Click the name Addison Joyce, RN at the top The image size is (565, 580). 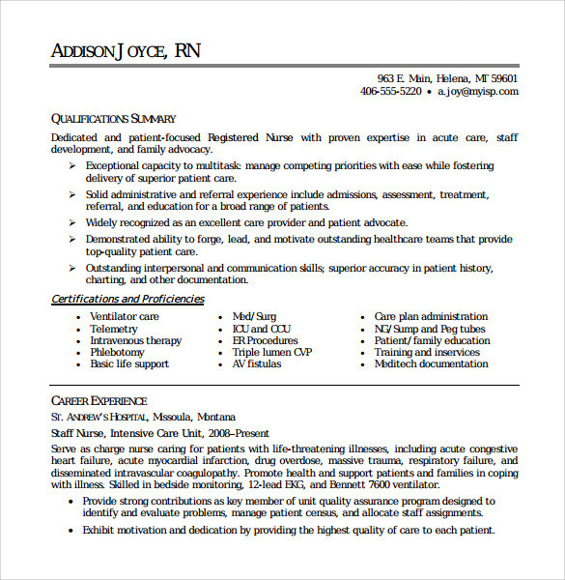[x=126, y=51]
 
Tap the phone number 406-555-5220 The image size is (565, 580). [x=390, y=92]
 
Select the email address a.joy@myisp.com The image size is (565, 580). [x=477, y=92]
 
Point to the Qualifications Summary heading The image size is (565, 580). [x=114, y=119]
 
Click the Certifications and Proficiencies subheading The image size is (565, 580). [x=127, y=300]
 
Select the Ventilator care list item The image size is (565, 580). [x=125, y=317]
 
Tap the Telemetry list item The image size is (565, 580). [x=114, y=329]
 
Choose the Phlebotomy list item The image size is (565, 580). [x=117, y=353]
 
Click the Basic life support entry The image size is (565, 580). [x=129, y=364]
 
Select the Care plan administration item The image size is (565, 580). [x=431, y=317]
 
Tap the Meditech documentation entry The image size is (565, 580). [x=432, y=364]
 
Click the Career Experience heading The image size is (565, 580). [x=99, y=400]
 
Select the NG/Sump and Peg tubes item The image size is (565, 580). [x=430, y=329]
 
